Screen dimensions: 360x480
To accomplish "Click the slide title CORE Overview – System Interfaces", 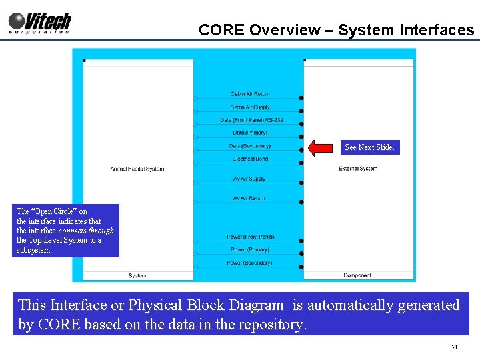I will click(x=336, y=30).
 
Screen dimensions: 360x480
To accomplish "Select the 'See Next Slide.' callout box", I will click(x=369, y=147).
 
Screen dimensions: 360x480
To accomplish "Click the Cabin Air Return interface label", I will click(x=250, y=94).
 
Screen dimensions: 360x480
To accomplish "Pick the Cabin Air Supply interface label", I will click(x=250, y=107).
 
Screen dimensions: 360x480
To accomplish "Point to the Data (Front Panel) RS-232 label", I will click(x=251, y=120).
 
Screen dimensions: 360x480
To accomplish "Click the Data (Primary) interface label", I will click(x=250, y=133).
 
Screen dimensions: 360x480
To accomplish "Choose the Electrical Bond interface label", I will click(x=250, y=159).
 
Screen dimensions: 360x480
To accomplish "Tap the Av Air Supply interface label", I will click(x=249, y=179).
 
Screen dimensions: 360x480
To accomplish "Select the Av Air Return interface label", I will click(x=249, y=198).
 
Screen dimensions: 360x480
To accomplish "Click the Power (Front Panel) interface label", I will click(x=250, y=237).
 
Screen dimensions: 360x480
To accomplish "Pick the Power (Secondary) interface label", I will click(x=249, y=263).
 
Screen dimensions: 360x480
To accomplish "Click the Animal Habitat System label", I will click(x=137, y=169).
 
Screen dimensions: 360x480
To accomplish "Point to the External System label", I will click(x=358, y=169).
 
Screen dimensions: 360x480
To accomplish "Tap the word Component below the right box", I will click(x=357, y=275).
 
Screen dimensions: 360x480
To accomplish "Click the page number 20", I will click(x=455, y=347).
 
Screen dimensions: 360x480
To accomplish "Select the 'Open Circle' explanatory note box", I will click(x=65, y=231).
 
